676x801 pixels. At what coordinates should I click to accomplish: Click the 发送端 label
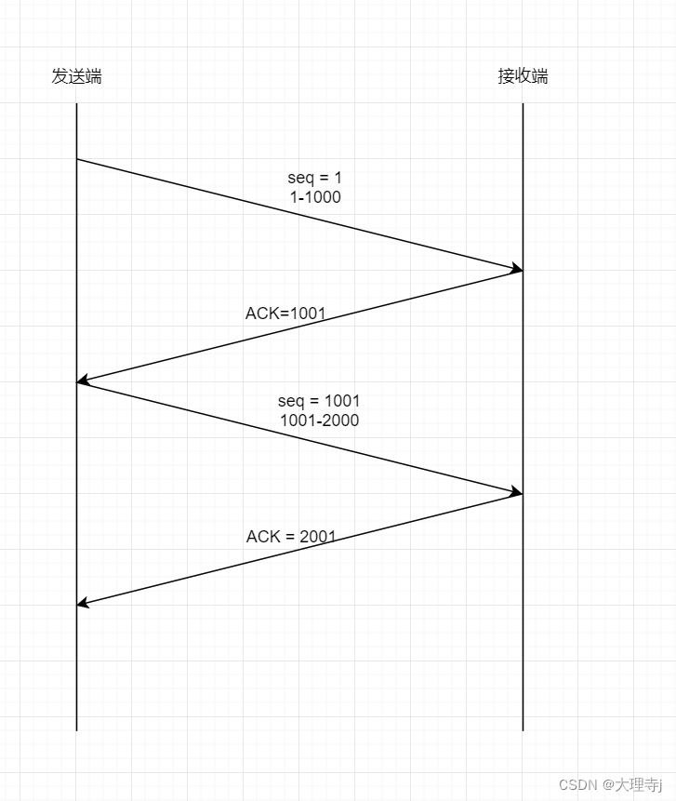pyautogui.click(x=76, y=76)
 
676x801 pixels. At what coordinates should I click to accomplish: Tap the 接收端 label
pyautogui.click(x=523, y=76)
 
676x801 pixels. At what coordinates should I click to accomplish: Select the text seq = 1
pyautogui.click(x=314, y=178)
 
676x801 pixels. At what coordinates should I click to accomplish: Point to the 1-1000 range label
pyautogui.click(x=314, y=197)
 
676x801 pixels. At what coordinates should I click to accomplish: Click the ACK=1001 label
pyautogui.click(x=285, y=314)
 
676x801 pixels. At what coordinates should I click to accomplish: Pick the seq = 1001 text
pyautogui.click(x=319, y=401)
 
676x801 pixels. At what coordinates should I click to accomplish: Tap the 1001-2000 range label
pyautogui.click(x=319, y=421)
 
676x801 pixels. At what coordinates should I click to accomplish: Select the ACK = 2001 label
pyautogui.click(x=291, y=537)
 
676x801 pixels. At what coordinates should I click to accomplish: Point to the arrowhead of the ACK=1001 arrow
pyautogui.click(x=81, y=380)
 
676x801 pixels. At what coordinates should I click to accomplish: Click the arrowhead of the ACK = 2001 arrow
pyautogui.click(x=81, y=604)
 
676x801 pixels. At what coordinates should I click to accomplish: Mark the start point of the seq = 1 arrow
pyautogui.click(x=77, y=159)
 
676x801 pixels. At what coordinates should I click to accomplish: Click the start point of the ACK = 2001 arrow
pyautogui.click(x=523, y=494)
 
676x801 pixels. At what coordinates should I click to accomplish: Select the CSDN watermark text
pyautogui.click(x=577, y=784)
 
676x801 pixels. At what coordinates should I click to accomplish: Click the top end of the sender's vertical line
pyautogui.click(x=76, y=104)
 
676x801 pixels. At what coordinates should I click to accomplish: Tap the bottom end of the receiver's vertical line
pyautogui.click(x=523, y=730)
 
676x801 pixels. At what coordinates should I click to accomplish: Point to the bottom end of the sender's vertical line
pyautogui.click(x=76, y=730)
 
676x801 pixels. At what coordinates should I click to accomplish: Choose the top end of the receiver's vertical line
pyautogui.click(x=523, y=104)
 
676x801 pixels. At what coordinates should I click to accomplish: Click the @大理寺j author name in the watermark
pyautogui.click(x=637, y=784)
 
